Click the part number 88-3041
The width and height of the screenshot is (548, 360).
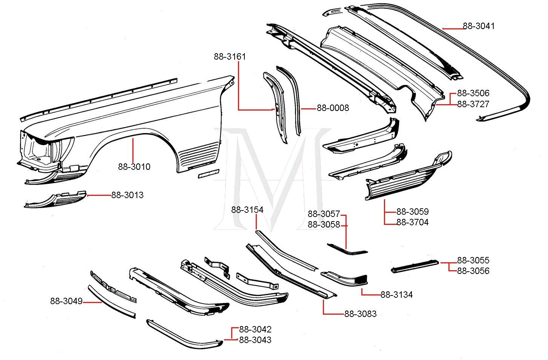pos(479,26)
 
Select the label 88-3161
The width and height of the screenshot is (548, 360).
pos(230,57)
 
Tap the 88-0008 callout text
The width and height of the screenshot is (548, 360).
pos(333,108)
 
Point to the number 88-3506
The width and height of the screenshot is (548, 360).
pos(473,93)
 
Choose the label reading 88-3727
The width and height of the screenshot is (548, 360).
pos(473,104)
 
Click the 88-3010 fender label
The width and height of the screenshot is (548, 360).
pos(134,166)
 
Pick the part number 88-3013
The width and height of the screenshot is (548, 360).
pos(127,195)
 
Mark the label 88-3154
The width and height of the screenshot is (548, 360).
pos(247,210)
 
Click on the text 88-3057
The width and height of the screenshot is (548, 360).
pos(324,214)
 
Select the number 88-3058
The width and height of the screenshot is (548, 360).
pos(324,225)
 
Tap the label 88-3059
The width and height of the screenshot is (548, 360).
pos(412,211)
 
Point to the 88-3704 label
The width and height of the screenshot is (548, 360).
pos(412,222)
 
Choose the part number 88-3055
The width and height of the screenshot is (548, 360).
pos(473,260)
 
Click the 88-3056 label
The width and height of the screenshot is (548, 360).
pos(473,271)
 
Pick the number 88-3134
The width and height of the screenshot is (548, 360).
pos(396,295)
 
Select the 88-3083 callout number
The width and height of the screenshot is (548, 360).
pos(360,314)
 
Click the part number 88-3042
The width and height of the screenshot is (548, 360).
pos(255,329)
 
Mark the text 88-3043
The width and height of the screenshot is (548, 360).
pos(255,340)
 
